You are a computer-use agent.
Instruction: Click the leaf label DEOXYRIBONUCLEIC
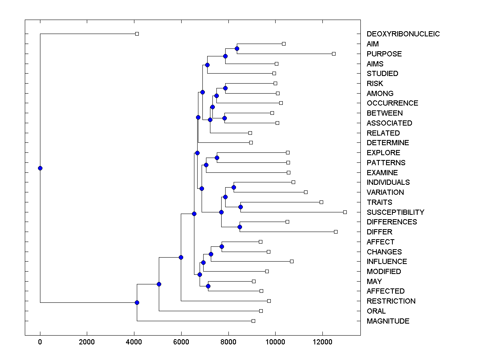point(403,34)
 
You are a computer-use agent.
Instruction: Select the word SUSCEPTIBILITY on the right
point(395,212)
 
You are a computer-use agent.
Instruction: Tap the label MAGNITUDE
point(388,321)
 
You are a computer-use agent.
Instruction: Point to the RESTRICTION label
point(391,301)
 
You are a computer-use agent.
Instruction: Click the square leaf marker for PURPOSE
point(334,54)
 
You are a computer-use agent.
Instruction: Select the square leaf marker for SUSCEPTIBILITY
point(345,212)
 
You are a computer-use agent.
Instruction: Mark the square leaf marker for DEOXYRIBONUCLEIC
point(137,34)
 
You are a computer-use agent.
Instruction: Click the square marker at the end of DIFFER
point(336,232)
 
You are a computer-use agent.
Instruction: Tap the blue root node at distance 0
point(40,168)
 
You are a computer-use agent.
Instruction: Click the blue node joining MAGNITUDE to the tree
point(137,302)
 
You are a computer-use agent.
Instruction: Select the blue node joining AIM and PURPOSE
point(237,48)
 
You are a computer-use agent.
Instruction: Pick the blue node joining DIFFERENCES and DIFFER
point(240,227)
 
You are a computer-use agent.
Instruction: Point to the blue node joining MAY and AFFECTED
point(208,286)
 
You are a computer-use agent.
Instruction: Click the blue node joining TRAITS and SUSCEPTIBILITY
point(240,207)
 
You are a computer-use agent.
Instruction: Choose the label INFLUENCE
point(386,262)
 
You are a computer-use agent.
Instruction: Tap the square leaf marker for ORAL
point(261,311)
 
